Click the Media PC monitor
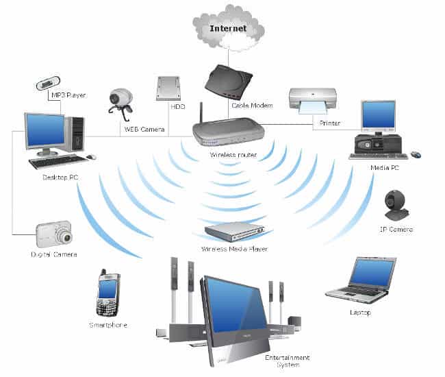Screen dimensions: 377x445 [x=379, y=117]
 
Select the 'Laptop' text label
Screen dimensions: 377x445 [x=359, y=313]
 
